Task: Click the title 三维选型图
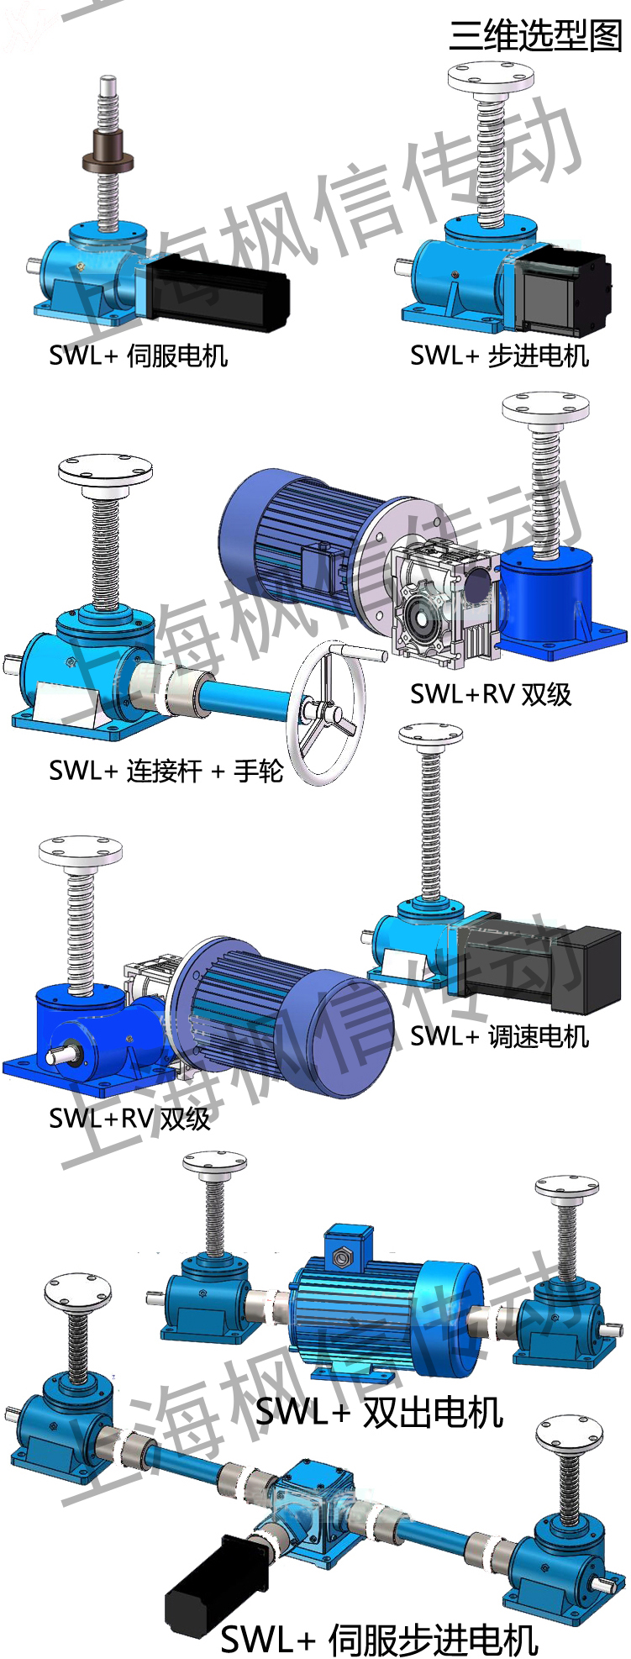pyautogui.click(x=535, y=35)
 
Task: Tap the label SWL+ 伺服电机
pyautogui.click(x=139, y=355)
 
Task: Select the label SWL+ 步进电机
pyautogui.click(x=500, y=355)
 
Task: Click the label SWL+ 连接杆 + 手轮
pyautogui.click(x=166, y=770)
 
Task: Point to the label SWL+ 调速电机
pyautogui.click(x=500, y=1036)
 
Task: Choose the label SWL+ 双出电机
pyautogui.click(x=380, y=1412)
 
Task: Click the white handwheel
pyautogui.click(x=328, y=713)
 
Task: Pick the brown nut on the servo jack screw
pyautogui.click(x=108, y=157)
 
